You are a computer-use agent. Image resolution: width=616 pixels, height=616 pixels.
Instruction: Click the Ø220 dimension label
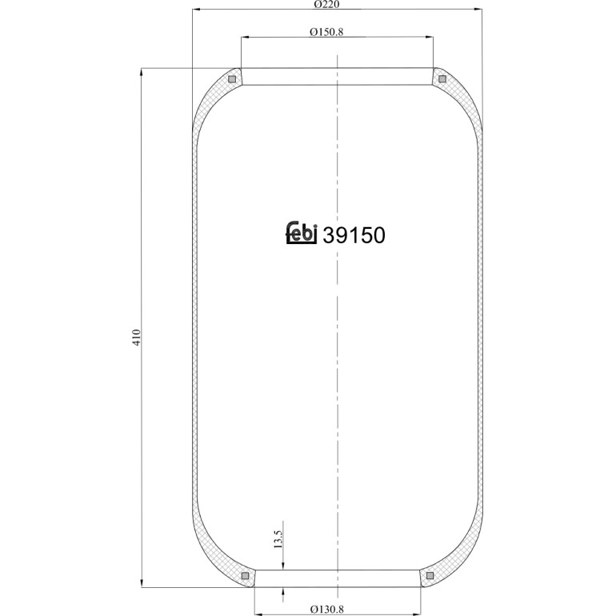(327, 4)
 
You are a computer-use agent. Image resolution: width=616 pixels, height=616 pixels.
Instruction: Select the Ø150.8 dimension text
(326, 32)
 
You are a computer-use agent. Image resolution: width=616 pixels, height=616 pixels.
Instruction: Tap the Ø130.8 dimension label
(327, 610)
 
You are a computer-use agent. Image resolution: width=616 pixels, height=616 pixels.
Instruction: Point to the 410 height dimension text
(136, 338)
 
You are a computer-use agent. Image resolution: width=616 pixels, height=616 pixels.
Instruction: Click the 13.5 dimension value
(278, 539)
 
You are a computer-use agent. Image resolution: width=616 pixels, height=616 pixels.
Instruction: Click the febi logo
(302, 233)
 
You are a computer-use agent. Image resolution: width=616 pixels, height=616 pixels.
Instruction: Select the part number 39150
(354, 236)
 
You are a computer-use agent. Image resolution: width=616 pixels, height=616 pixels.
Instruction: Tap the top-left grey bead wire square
(232, 79)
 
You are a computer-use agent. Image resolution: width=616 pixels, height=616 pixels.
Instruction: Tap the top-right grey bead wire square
(442, 79)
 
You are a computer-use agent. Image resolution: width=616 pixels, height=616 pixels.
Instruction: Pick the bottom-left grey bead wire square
(245, 575)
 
